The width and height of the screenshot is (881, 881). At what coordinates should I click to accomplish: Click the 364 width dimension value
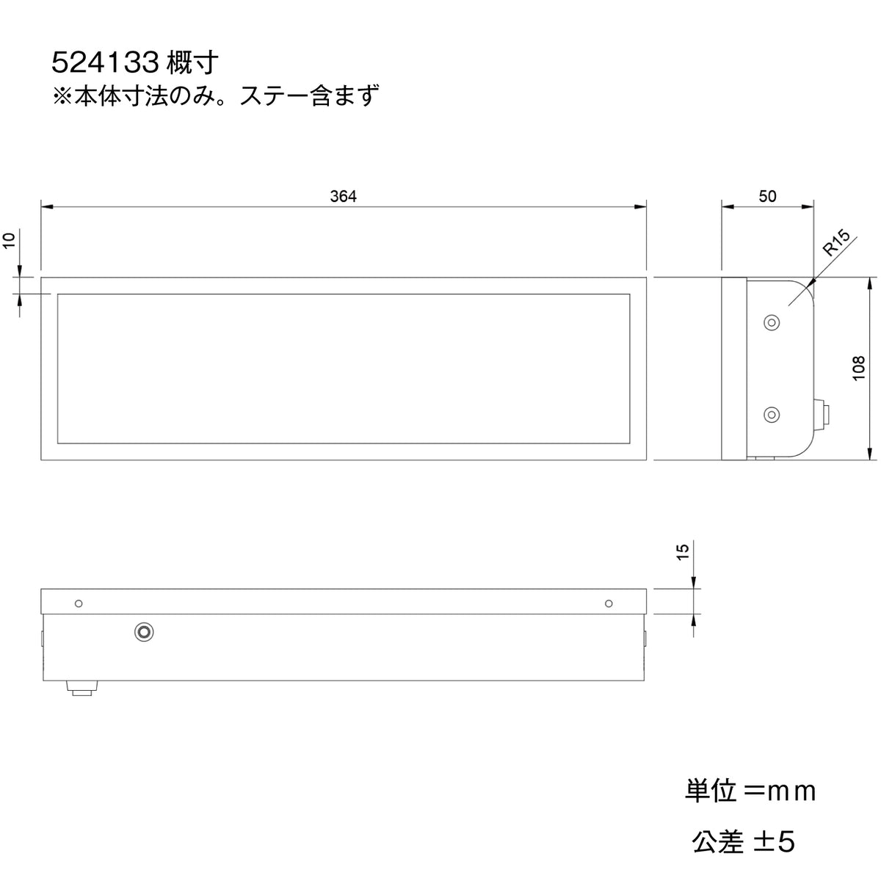point(343,197)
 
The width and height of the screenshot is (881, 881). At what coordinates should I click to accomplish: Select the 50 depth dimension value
point(767,197)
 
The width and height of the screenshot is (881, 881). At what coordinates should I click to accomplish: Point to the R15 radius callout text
point(836,242)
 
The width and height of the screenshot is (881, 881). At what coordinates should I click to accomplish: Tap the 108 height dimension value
point(858,369)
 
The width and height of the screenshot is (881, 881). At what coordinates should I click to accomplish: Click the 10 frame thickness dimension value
point(10,241)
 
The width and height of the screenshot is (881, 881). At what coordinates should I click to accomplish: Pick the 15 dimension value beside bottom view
point(682,551)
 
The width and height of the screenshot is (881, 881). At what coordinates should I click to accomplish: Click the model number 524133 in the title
point(106,64)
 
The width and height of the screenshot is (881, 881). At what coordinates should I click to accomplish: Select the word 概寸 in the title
point(193,64)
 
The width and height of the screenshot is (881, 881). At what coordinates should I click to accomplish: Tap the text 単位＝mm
point(750,791)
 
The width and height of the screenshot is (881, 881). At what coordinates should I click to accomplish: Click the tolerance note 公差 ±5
point(743,842)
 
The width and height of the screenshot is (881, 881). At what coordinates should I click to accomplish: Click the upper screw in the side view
point(771,322)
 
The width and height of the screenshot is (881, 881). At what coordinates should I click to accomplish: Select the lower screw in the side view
point(771,415)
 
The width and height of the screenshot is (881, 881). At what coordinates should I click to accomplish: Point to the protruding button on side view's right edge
point(823,415)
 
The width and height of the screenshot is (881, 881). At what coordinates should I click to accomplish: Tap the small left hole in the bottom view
point(79,603)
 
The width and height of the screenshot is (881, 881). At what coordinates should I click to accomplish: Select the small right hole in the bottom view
point(608,603)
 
